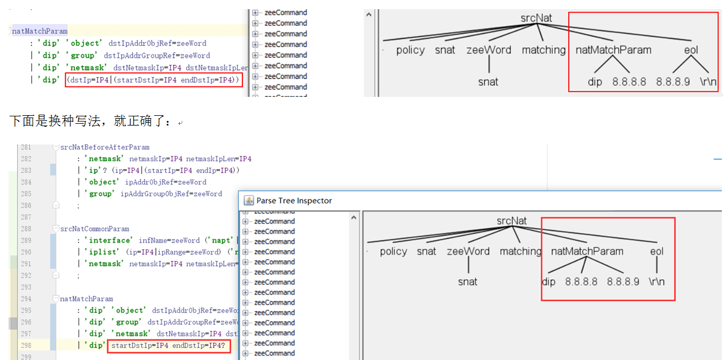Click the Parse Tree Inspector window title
(x=294, y=201)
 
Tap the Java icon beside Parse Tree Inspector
(x=249, y=201)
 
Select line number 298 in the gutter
(x=26, y=345)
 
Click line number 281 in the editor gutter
(x=26, y=147)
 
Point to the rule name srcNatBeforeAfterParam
(x=105, y=147)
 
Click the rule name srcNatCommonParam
(x=95, y=229)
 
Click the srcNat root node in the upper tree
(x=536, y=18)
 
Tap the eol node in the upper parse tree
(x=691, y=50)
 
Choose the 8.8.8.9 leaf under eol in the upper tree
(x=673, y=82)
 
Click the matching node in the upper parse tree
(x=543, y=50)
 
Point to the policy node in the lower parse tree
(x=394, y=252)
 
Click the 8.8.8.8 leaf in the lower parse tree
(x=581, y=282)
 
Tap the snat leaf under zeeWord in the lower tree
(x=467, y=282)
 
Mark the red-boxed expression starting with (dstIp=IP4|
(x=154, y=80)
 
